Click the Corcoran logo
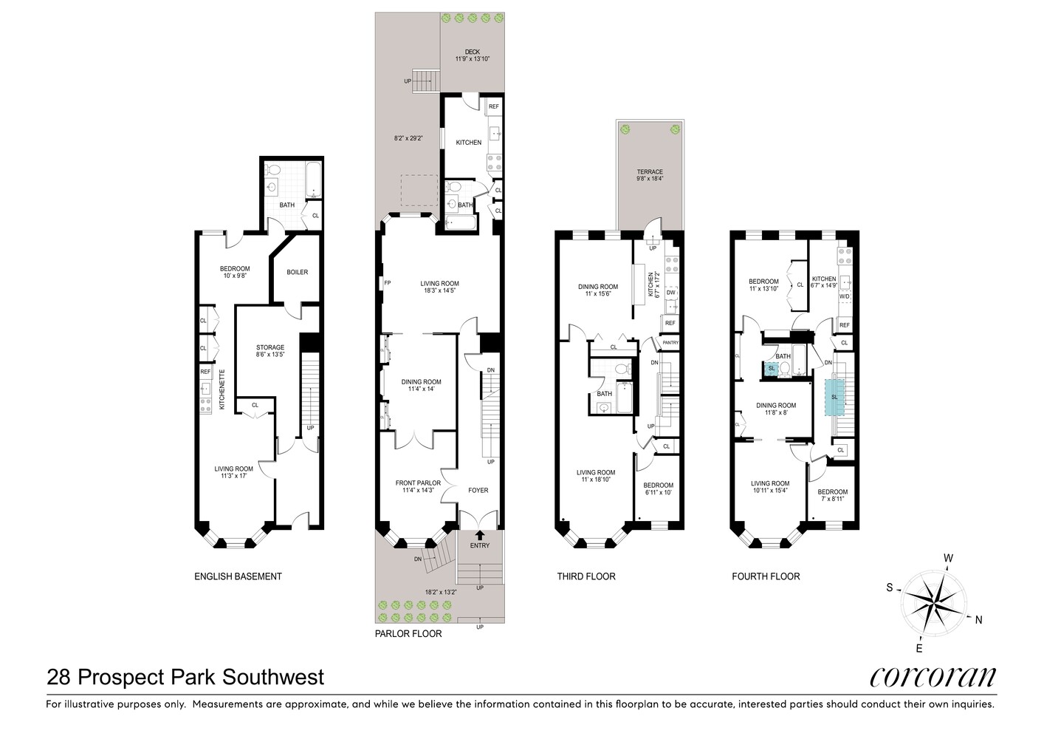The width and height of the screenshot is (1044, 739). coord(933,677)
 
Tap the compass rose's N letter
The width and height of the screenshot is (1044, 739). coord(978,620)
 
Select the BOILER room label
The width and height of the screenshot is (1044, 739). coord(297,272)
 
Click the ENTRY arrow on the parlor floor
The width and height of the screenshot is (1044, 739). coord(480,535)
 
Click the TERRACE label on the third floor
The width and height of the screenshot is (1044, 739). coord(650,172)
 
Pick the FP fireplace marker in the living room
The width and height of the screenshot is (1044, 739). coord(387,283)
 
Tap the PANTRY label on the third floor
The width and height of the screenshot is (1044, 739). coord(670,343)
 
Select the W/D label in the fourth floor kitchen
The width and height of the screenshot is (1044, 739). coord(844,297)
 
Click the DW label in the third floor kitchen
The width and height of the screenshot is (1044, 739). coord(670,293)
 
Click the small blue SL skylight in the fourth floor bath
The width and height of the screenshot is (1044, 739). coord(772,369)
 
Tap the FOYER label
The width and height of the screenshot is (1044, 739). coord(478,490)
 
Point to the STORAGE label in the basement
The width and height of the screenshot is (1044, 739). coord(269,347)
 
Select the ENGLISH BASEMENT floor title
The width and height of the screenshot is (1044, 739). coord(237,576)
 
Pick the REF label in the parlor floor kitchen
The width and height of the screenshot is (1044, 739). coord(493,107)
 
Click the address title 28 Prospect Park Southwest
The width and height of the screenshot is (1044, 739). coord(185,676)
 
